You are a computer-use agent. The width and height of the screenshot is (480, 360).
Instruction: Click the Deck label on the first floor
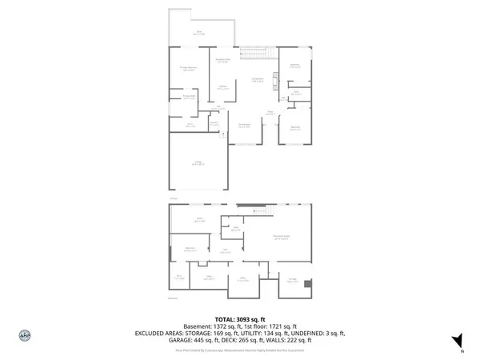pos(201,33)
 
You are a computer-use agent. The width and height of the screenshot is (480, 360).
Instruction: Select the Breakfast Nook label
pos(224,60)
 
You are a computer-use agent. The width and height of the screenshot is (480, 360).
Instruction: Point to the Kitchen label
pos(222,86)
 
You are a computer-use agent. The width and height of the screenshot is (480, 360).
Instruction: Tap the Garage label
pos(196,162)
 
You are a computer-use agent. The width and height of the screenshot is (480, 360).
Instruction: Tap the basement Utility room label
pos(208,278)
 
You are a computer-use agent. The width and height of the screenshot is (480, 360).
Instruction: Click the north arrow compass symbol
pos(457,340)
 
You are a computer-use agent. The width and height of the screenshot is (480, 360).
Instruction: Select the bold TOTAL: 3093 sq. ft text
pos(240,319)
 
